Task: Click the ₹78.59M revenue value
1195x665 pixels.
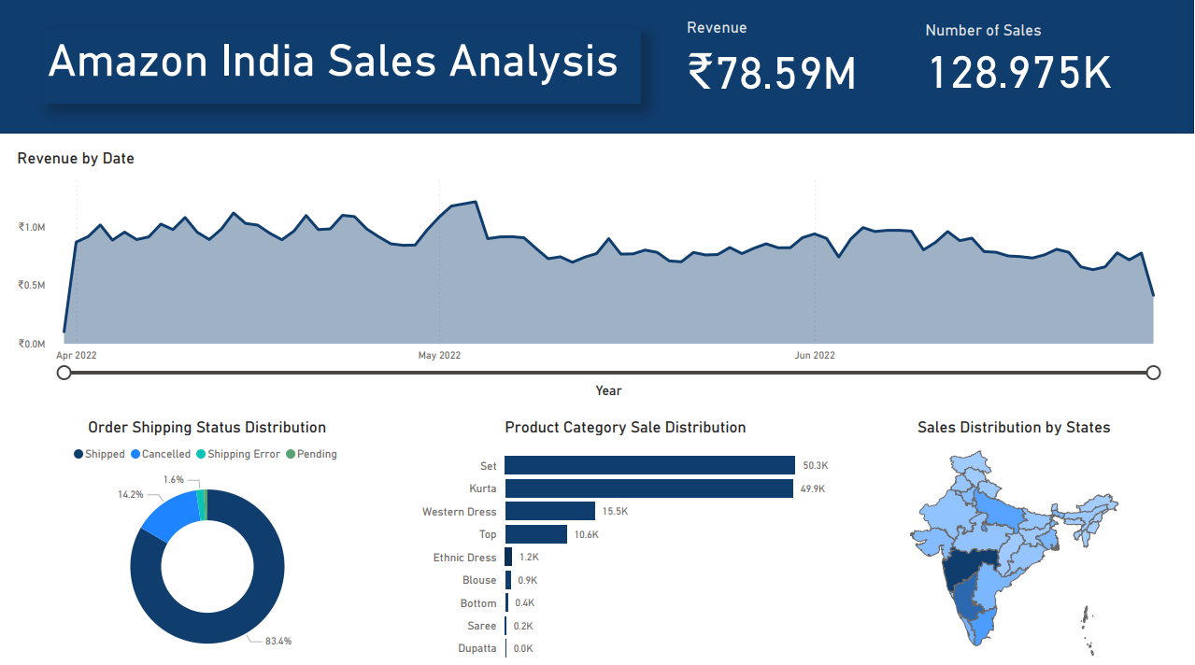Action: pos(772,73)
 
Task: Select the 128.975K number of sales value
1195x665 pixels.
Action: pos(1019,73)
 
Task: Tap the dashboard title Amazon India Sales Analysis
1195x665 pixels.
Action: pos(333,62)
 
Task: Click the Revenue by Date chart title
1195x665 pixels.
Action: pos(76,159)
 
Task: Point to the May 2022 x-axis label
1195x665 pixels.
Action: pos(439,356)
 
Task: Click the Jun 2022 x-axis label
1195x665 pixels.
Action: pos(815,356)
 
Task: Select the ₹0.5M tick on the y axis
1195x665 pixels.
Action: pos(32,286)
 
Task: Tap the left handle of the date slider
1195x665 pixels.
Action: pos(64,373)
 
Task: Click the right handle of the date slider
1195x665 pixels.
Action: pos(1153,373)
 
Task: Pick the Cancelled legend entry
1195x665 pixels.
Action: pos(165,454)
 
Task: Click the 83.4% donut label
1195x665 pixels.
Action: pos(278,642)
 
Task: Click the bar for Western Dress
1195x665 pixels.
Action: pos(550,511)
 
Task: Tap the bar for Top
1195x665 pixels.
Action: pos(536,534)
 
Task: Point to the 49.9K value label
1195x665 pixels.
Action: pos(814,488)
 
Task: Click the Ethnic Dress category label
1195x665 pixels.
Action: pos(464,558)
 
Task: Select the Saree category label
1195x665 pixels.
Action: pos(482,626)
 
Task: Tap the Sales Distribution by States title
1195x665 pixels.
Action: pos(1014,428)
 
